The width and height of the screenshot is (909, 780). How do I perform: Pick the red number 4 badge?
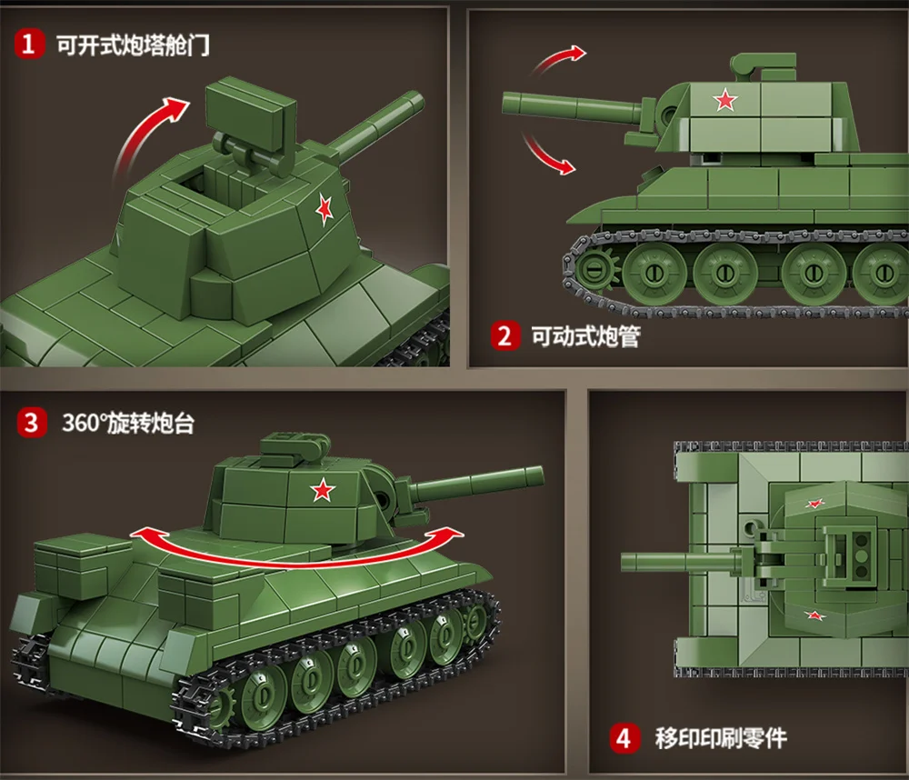tap(623, 737)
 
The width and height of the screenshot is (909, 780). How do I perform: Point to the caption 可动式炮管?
tap(585, 337)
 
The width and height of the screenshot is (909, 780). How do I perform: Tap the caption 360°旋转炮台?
tap(128, 424)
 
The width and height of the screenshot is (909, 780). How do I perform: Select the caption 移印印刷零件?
tap(721, 737)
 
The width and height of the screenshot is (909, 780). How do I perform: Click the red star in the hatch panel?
tap(325, 210)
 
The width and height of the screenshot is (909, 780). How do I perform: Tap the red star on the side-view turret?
tap(724, 100)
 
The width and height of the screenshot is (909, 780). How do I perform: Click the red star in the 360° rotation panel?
tap(321, 491)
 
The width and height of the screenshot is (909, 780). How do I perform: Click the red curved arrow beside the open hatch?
tap(145, 136)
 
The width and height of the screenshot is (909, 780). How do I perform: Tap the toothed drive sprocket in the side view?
tap(592, 271)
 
